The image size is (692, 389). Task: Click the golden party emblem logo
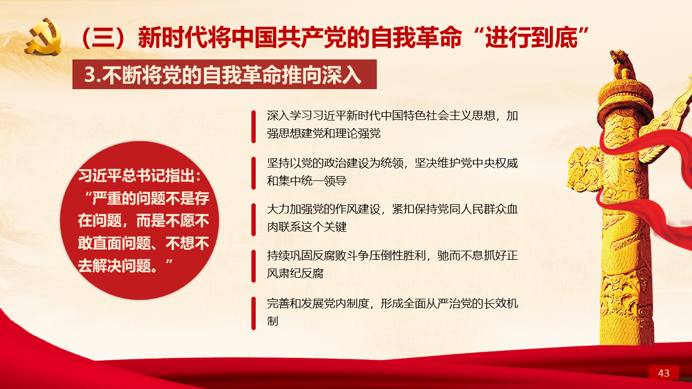pyautogui.click(x=44, y=37)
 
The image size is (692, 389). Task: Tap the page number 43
pyautogui.click(x=663, y=373)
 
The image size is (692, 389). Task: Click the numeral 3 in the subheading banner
pyautogui.click(x=90, y=75)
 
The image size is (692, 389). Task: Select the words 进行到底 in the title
pyautogui.click(x=531, y=38)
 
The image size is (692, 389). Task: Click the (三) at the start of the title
pyautogui.click(x=104, y=38)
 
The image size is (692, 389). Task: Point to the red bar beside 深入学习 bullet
pyautogui.click(x=254, y=126)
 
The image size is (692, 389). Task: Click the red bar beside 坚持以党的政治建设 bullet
pyautogui.click(x=254, y=173)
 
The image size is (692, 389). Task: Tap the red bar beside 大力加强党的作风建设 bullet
pyautogui.click(x=254, y=219)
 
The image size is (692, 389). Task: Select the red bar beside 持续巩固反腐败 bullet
pyautogui.click(x=254, y=266)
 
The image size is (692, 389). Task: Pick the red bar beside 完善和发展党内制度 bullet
pyautogui.click(x=254, y=313)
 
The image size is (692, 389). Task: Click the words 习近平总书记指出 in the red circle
pyautogui.click(x=136, y=176)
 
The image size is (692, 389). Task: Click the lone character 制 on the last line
pyautogui.click(x=272, y=321)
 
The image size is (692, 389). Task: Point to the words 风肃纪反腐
pyautogui.click(x=295, y=273)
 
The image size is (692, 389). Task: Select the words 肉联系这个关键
pyautogui.click(x=307, y=227)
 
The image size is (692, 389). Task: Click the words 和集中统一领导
pyautogui.click(x=307, y=180)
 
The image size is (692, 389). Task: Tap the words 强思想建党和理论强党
pyautogui.click(x=323, y=133)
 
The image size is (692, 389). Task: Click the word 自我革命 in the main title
pyautogui.click(x=416, y=38)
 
